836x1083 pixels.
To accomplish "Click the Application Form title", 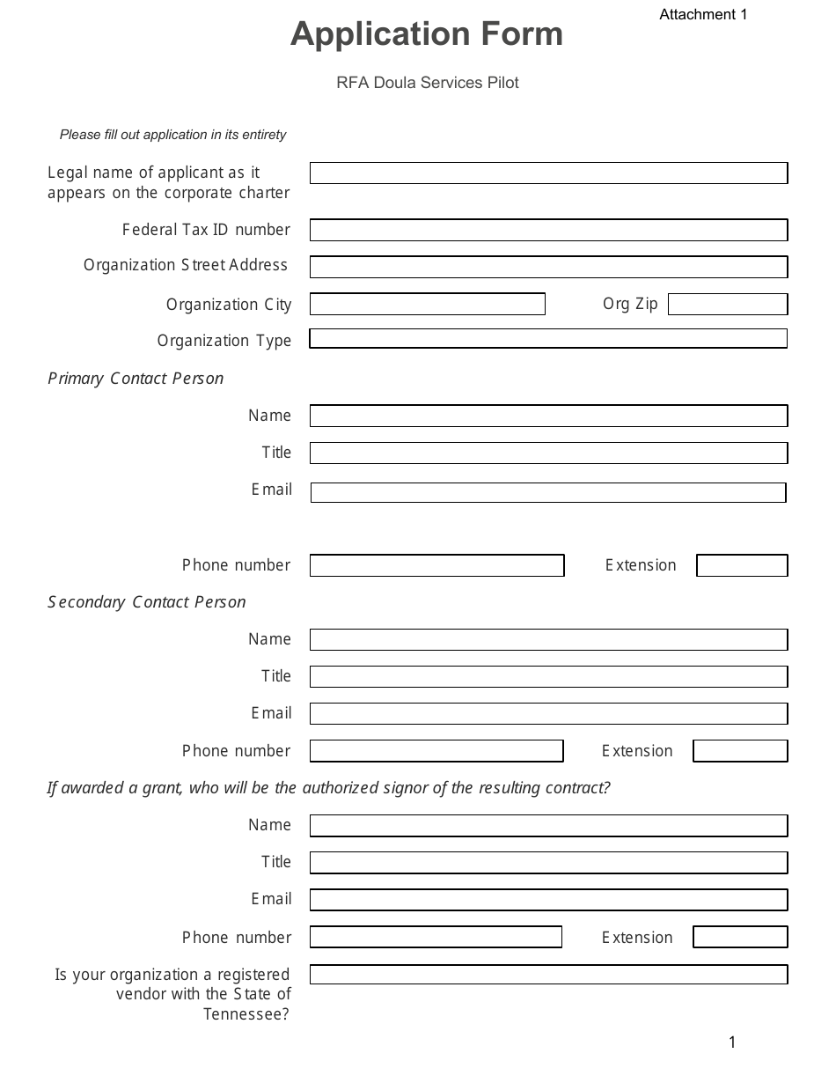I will click(x=427, y=34).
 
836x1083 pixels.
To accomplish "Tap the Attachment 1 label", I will click(x=703, y=14).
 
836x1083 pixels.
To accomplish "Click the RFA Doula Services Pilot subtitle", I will click(x=427, y=83).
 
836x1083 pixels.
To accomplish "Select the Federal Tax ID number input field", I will click(x=548, y=230).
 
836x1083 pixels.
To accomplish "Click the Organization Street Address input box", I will click(x=548, y=267).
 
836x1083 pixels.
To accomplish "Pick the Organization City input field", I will click(x=428, y=305).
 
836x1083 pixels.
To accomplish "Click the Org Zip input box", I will click(x=728, y=305).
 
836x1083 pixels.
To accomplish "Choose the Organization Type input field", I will click(x=548, y=339).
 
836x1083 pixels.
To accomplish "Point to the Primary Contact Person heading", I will click(x=136, y=379).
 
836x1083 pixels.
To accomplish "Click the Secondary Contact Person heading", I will click(x=147, y=602).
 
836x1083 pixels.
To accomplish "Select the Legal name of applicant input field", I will click(x=548, y=173).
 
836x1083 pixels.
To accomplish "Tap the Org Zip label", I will click(x=630, y=304).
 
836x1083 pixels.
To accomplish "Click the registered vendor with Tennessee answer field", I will click(x=548, y=975).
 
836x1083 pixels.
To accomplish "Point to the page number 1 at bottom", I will click(x=732, y=1043).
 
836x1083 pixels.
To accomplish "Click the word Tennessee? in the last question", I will click(x=246, y=1014).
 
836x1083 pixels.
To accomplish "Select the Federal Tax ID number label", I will click(x=206, y=230).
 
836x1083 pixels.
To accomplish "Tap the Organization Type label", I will click(x=224, y=341).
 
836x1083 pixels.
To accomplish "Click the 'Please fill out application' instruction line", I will click(x=172, y=135).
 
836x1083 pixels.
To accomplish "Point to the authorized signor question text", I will click(x=328, y=788).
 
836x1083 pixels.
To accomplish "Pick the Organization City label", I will click(x=229, y=305).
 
